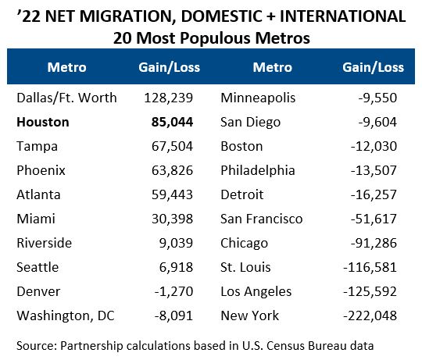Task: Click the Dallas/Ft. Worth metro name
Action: (x=66, y=98)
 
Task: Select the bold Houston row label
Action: (x=43, y=122)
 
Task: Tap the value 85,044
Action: (x=169, y=122)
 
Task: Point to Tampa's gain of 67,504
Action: (x=169, y=146)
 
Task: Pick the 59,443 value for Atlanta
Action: (x=169, y=194)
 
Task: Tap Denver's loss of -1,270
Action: (x=173, y=291)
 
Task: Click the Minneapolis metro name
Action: (x=257, y=98)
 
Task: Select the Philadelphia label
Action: (x=258, y=170)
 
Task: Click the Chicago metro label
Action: (x=245, y=243)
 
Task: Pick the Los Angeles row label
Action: (x=256, y=291)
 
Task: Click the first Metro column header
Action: (x=66, y=67)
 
